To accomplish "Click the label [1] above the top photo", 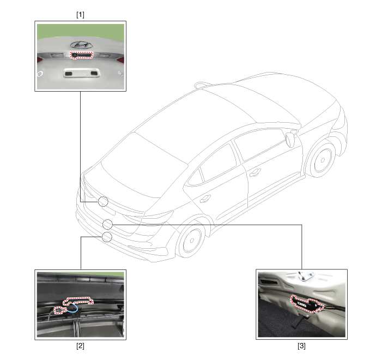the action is click(80, 15).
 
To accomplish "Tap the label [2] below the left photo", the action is click(80, 346).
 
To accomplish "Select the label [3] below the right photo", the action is click(301, 346).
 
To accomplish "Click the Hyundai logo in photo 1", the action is click(81, 45).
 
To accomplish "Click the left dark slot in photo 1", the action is click(69, 73).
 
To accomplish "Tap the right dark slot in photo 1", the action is click(94, 73).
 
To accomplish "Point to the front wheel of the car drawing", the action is click(322, 160).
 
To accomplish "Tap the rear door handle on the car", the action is click(205, 199).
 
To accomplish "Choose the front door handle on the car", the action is click(255, 172).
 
